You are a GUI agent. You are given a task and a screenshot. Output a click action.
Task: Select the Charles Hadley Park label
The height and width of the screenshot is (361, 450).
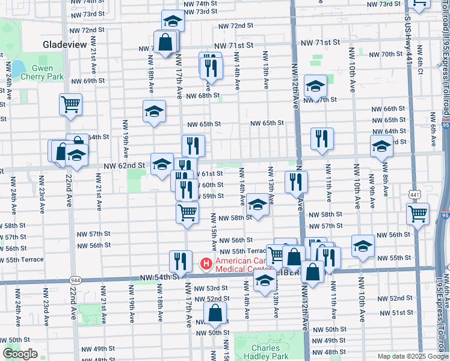click(x=266, y=353)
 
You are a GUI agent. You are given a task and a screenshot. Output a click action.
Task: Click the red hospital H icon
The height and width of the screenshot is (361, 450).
click(x=205, y=264)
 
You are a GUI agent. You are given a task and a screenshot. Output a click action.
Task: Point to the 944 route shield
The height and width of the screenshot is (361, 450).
click(x=75, y=280)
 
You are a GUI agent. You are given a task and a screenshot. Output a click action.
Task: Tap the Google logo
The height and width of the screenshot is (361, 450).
click(x=20, y=354)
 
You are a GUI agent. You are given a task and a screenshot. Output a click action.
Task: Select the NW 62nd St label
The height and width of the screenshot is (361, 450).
click(x=125, y=165)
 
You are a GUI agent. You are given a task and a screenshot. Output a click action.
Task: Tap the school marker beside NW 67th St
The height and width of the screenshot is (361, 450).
click(x=315, y=87)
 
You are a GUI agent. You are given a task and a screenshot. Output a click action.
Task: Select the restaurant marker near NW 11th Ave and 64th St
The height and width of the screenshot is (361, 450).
click(x=322, y=139)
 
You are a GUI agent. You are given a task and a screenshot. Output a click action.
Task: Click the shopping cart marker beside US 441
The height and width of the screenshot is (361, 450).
click(x=418, y=213)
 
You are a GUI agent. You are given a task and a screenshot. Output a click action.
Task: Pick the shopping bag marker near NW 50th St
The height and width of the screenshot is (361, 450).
click(x=215, y=313)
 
